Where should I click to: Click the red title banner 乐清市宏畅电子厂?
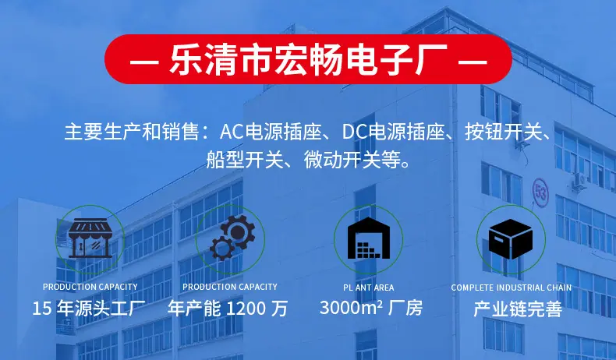tap(309, 59)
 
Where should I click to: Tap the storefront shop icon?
tap(90, 238)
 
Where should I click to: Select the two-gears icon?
tap(232, 238)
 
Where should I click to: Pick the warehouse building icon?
tap(369, 238)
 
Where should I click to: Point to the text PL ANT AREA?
tap(369, 288)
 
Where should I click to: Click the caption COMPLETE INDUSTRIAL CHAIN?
tap(511, 288)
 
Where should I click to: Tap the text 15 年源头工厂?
tap(89, 309)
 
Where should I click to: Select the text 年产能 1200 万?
tap(228, 309)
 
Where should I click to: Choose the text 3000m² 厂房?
tap(371, 308)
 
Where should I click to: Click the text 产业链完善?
tap(518, 309)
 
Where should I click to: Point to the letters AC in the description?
tap(232, 132)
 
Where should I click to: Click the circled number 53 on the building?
tap(540, 192)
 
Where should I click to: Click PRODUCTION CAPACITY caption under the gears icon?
tap(230, 287)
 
